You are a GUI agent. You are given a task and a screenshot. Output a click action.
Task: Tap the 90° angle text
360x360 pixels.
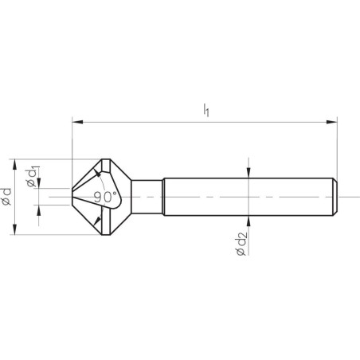pyautogui.click(x=104, y=195)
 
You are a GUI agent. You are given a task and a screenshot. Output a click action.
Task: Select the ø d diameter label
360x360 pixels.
pyautogui.click(x=7, y=195)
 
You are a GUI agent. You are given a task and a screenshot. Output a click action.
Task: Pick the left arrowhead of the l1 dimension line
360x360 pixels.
pyautogui.click(x=76, y=122)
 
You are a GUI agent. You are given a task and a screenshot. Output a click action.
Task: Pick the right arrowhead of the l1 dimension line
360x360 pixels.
pyautogui.click(x=333, y=122)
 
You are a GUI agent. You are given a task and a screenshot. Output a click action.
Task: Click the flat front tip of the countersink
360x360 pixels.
pyautogui.click(x=72, y=196)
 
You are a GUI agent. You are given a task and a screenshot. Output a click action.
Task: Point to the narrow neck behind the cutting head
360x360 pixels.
pyautogui.click(x=147, y=196)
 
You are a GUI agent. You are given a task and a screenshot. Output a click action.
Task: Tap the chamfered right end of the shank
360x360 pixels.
pyautogui.click(x=335, y=196)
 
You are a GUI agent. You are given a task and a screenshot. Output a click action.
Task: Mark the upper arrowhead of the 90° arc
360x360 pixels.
pyautogui.click(x=100, y=172)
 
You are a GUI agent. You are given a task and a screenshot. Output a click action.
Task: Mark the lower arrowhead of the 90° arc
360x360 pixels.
pyautogui.click(x=100, y=220)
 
